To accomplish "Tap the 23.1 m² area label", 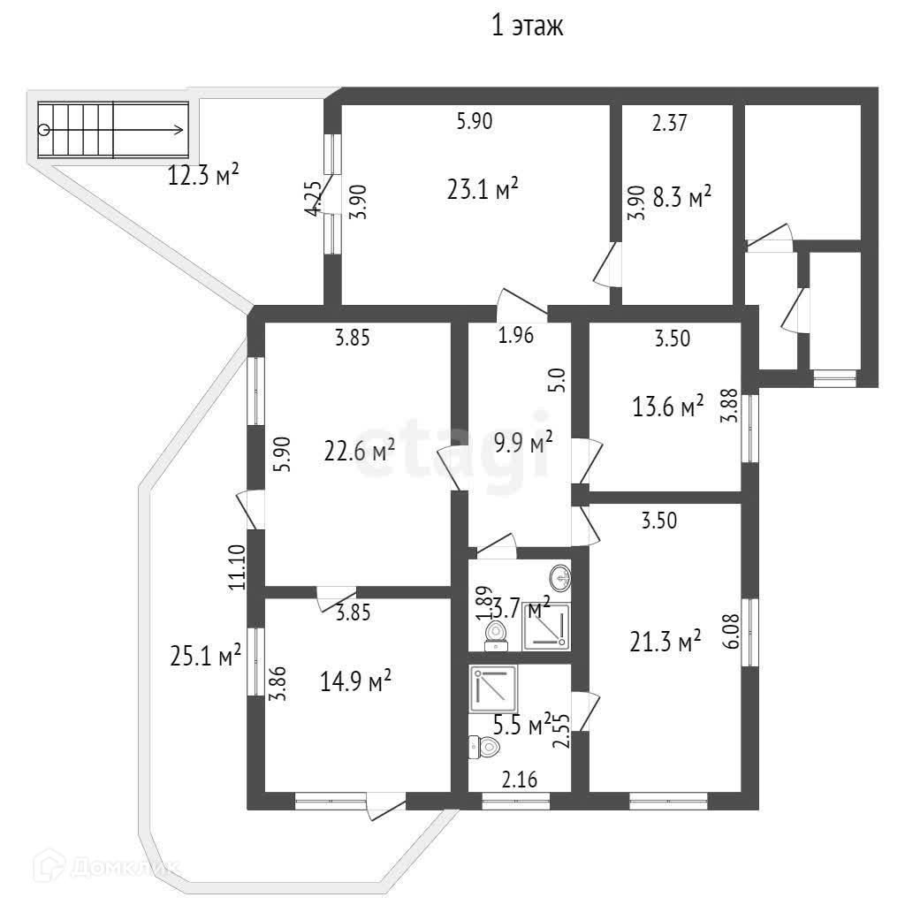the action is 481,190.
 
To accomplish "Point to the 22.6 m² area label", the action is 359,452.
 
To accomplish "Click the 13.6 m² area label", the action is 668,406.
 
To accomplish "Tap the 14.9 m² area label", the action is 357,681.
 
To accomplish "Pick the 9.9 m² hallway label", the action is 524,442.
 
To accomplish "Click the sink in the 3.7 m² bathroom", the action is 559,579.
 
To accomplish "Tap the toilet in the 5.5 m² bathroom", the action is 485,748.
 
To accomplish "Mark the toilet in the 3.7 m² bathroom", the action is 496,633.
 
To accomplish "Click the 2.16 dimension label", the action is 520,780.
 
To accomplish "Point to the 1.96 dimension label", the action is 516,336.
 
